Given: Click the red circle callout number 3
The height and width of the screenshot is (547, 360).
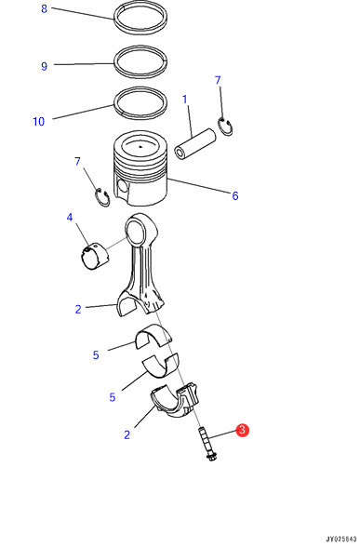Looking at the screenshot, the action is coord(242,430).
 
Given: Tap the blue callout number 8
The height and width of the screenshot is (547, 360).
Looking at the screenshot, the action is coord(44,8).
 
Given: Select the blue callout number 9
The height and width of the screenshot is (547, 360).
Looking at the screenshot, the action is coord(44,66).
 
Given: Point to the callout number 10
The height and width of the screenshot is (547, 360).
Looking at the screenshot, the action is coord(39,122).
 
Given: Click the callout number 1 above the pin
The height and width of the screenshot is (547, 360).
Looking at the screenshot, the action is coord(185,100).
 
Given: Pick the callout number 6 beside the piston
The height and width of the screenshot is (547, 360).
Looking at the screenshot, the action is coord(235,195).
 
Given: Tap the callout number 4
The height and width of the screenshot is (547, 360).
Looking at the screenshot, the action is coord(70,218).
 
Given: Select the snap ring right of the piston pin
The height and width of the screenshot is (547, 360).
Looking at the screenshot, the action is coord(225,127).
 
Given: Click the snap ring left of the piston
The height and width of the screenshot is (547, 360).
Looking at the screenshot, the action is coord(102,197).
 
